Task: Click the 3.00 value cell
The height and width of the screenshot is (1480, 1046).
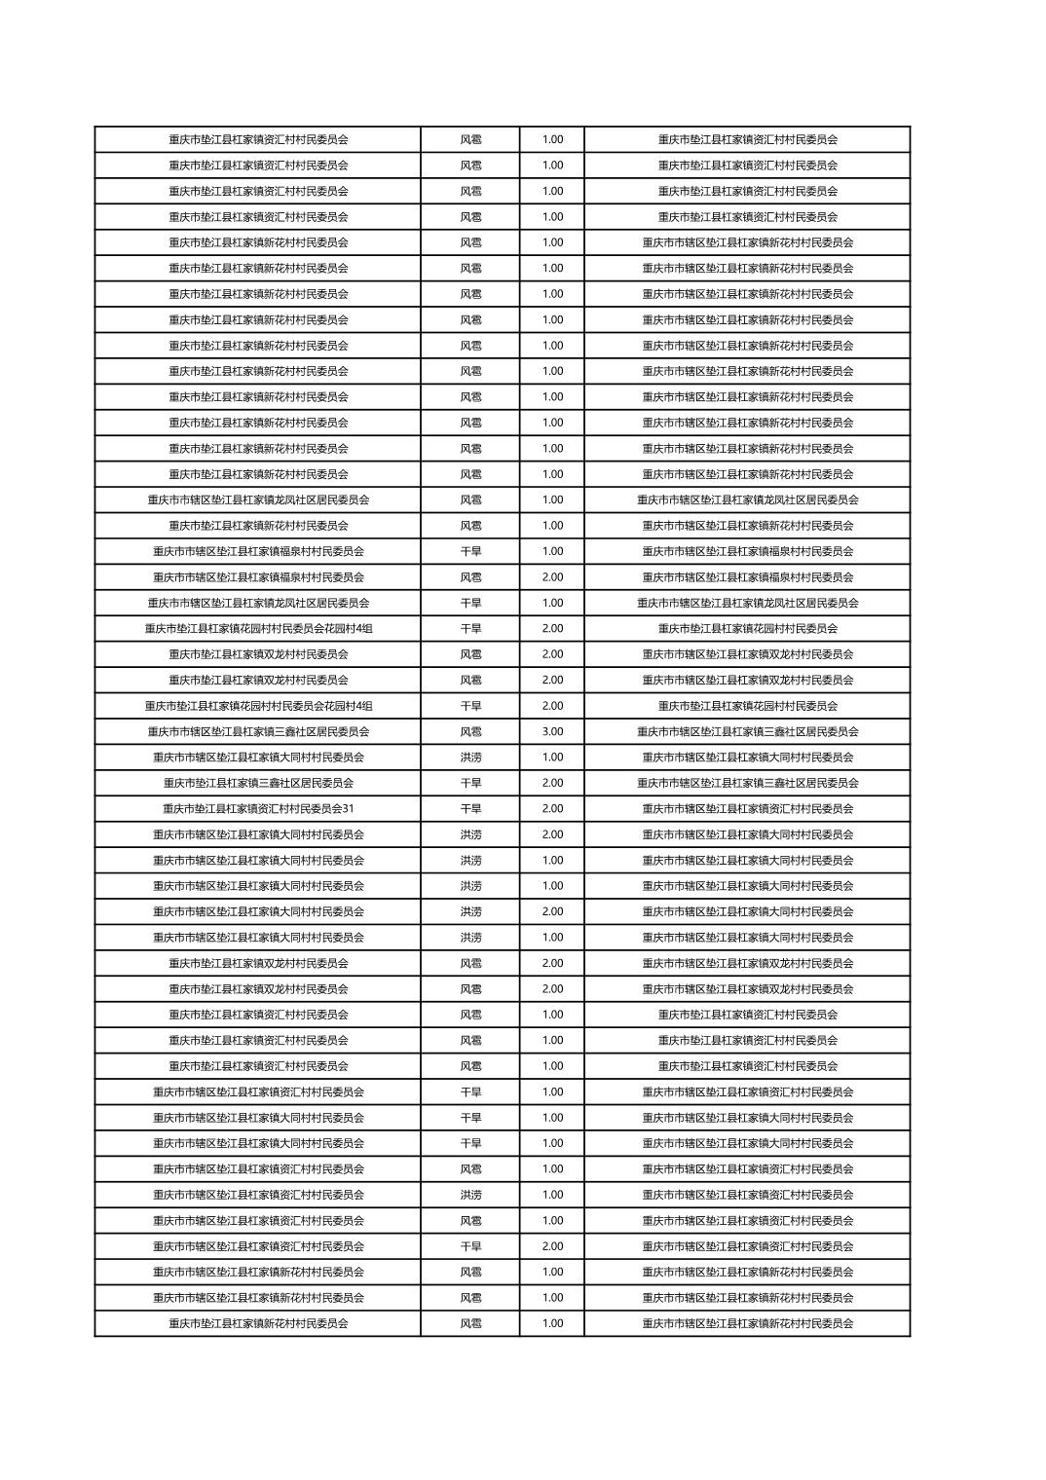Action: pyautogui.click(x=552, y=731)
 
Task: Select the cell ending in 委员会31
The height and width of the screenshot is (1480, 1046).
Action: pyautogui.click(x=258, y=808)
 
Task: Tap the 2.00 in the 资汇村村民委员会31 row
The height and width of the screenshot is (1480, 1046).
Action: pyautogui.click(x=552, y=808)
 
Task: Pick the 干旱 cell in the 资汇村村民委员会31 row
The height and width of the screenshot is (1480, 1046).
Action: pyautogui.click(x=470, y=808)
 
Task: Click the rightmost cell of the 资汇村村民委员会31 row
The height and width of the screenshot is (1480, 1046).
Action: pyautogui.click(x=747, y=808)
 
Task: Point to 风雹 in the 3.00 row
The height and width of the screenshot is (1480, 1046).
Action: pyautogui.click(x=470, y=731)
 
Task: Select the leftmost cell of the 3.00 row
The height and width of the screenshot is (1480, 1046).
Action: pyautogui.click(x=258, y=731)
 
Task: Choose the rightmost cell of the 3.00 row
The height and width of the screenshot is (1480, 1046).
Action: pyautogui.click(x=747, y=731)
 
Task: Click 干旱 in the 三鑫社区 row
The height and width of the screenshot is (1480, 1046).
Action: pyautogui.click(x=470, y=783)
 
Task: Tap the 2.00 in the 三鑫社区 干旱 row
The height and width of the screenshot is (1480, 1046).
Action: pyautogui.click(x=552, y=783)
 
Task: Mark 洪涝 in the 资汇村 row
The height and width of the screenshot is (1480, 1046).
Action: pyautogui.click(x=470, y=1195)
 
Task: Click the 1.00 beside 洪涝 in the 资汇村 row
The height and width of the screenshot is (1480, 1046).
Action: pyautogui.click(x=552, y=1195)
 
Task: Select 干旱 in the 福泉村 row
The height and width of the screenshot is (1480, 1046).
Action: pyautogui.click(x=470, y=551)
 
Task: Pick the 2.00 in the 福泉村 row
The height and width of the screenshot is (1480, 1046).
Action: pyautogui.click(x=552, y=577)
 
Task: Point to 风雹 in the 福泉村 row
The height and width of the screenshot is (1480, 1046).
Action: pyautogui.click(x=470, y=577)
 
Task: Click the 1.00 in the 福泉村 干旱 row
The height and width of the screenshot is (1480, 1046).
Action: pyautogui.click(x=552, y=551)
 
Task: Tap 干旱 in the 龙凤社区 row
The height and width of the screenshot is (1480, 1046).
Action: pyautogui.click(x=470, y=603)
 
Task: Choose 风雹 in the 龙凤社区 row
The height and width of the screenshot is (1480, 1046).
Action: pyautogui.click(x=470, y=499)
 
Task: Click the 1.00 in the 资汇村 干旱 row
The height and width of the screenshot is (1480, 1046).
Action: pyautogui.click(x=552, y=1091)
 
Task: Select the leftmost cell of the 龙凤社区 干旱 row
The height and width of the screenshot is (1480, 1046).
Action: pyautogui.click(x=258, y=603)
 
